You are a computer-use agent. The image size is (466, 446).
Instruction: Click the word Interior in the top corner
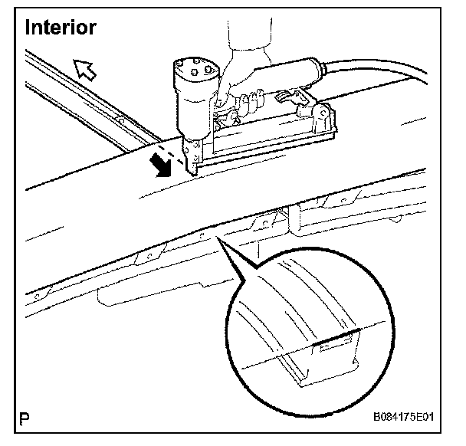tap(61, 28)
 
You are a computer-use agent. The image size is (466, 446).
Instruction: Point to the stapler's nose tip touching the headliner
tap(191, 170)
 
